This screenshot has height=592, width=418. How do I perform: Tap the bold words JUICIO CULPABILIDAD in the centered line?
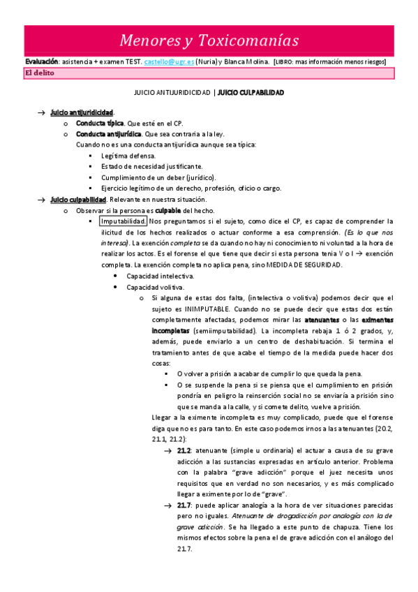click(251, 92)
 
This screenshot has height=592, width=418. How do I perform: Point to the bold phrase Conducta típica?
click(100, 123)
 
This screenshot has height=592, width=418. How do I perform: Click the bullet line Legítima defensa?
click(128, 156)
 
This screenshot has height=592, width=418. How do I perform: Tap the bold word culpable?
click(168, 210)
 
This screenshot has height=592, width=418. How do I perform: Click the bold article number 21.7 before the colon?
click(184, 505)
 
